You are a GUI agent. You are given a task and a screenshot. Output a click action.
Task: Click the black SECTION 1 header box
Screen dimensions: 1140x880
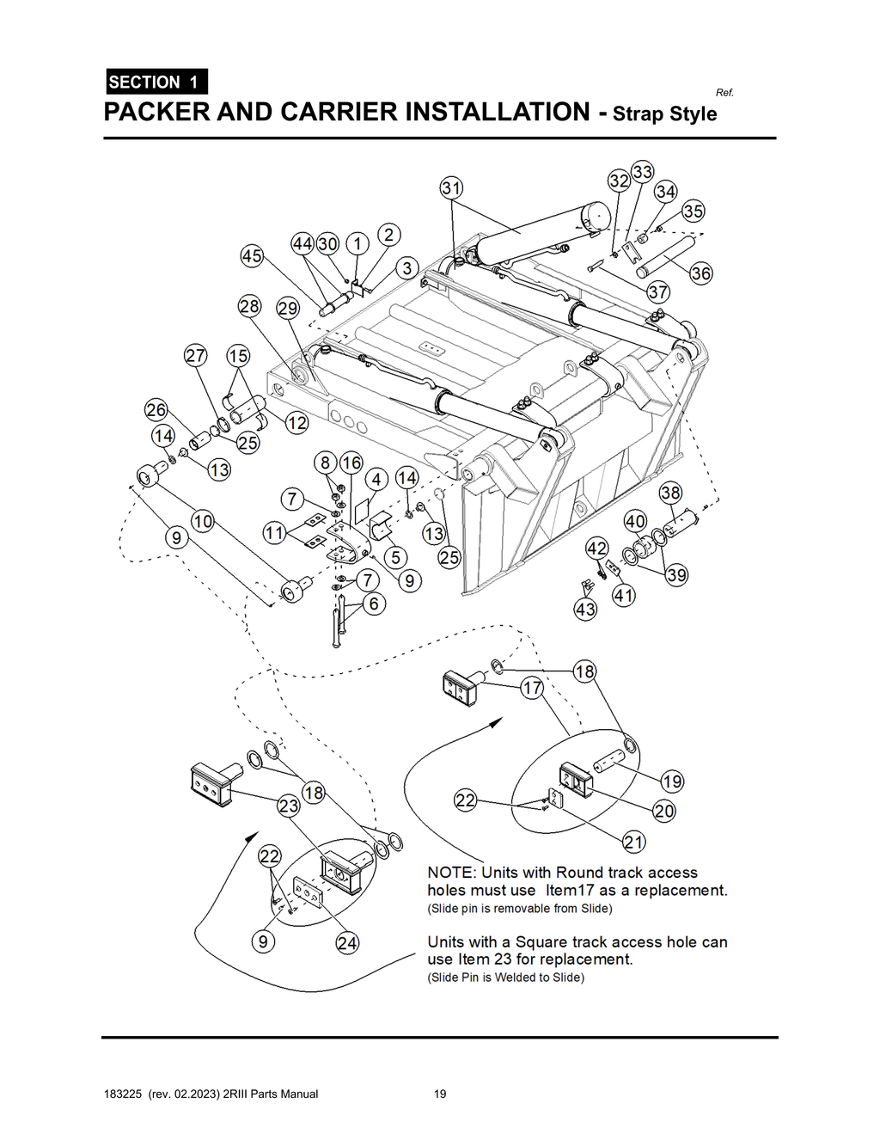click(x=156, y=82)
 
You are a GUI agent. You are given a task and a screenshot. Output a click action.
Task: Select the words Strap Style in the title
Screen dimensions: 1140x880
click(x=664, y=114)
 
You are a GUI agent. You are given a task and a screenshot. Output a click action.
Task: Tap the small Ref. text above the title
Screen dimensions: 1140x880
click(x=724, y=93)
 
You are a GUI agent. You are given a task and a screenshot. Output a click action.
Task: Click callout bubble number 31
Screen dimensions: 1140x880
click(x=452, y=188)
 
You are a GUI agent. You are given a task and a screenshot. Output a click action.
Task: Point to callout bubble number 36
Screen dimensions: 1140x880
click(x=701, y=273)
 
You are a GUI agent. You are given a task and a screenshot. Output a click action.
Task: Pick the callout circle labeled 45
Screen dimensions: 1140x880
click(x=251, y=255)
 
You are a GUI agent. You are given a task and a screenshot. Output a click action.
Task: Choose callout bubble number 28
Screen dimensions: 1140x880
click(x=249, y=307)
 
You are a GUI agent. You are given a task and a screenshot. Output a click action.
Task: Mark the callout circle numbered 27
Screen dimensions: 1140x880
click(x=196, y=356)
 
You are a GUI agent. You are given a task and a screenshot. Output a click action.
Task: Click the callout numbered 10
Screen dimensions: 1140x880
click(x=203, y=520)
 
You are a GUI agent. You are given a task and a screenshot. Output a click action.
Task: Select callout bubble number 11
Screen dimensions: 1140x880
click(x=274, y=533)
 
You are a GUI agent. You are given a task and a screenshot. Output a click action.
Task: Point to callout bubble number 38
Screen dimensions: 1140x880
click(x=671, y=493)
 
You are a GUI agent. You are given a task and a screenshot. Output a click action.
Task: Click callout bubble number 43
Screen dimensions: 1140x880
click(x=585, y=610)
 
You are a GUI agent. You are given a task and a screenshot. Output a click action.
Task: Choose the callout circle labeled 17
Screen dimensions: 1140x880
click(x=533, y=688)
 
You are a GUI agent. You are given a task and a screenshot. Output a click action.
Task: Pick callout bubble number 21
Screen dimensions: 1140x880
click(x=634, y=841)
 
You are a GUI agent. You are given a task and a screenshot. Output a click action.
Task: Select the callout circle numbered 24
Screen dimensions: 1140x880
click(x=347, y=943)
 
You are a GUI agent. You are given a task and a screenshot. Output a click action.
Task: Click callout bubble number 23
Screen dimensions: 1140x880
click(x=288, y=806)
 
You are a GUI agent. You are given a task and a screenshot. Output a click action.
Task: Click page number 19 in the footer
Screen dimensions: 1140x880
click(x=440, y=1094)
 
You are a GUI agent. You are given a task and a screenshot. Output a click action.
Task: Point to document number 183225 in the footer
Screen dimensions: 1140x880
click(x=121, y=1094)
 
